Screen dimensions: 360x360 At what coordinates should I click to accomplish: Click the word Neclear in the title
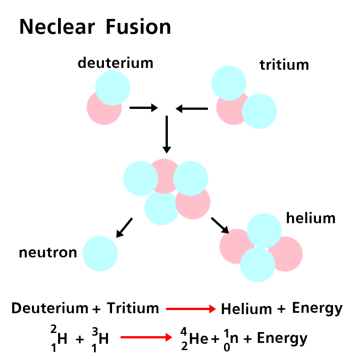click(57, 27)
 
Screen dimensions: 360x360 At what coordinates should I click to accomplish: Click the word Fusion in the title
click(138, 27)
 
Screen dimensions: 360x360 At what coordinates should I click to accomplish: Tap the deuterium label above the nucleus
click(115, 63)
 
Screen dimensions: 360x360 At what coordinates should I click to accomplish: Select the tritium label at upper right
click(284, 65)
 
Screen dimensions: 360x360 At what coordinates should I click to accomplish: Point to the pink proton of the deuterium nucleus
click(100, 112)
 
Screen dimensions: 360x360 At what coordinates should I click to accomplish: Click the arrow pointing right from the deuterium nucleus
click(143, 108)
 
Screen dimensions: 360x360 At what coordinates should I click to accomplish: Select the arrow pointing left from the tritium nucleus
click(192, 108)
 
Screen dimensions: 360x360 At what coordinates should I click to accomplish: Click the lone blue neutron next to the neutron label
click(100, 254)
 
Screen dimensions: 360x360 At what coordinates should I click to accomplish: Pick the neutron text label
click(48, 253)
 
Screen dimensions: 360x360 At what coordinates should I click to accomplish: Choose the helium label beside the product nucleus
click(311, 218)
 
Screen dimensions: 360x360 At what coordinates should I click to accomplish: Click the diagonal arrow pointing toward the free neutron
click(124, 227)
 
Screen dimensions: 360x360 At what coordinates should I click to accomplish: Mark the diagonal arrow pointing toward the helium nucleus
click(220, 225)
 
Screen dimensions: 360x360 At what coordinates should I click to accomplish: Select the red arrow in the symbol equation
click(146, 337)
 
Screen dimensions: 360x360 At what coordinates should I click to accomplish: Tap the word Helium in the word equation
click(246, 309)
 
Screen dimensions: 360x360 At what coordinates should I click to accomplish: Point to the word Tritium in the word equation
click(133, 308)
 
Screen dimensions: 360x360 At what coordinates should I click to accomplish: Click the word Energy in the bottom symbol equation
click(282, 338)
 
